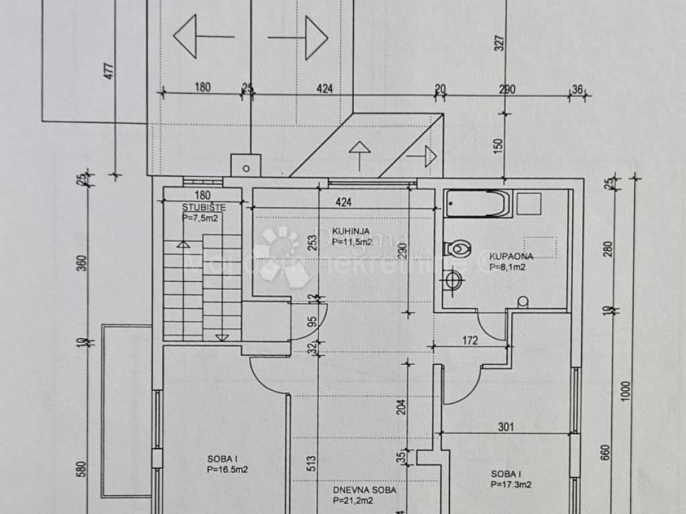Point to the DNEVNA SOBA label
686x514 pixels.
coord(364,490)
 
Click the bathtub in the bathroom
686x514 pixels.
coord(478,203)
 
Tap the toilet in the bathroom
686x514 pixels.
coord(457,249)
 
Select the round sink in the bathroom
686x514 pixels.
coord(454,280)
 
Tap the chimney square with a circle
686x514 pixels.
coord(245,165)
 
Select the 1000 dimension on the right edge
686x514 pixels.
coord(626,390)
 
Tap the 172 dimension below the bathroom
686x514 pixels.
coord(470,341)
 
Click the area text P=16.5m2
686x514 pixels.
coord(227,470)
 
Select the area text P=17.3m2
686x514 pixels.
coord(510,484)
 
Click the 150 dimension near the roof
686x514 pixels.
coord(498,146)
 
